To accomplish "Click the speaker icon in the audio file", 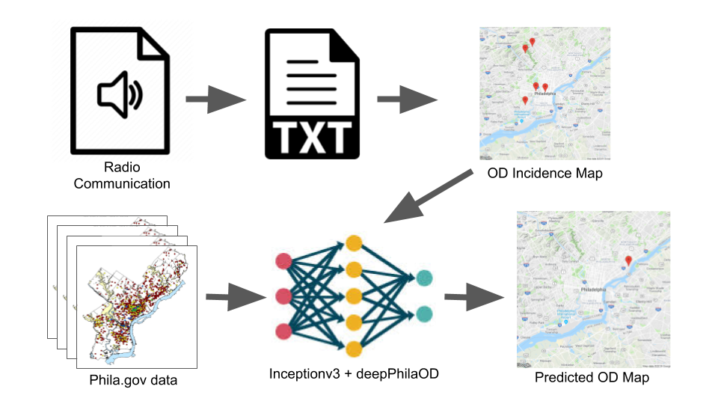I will point(120,93).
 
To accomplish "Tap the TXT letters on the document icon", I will point(308,136).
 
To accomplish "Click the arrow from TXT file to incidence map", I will point(407,98).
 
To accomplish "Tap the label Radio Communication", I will point(122,175).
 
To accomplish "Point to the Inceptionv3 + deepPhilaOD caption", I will point(353,371).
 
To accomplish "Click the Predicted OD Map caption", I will point(592,378).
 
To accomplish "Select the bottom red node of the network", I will point(284,331).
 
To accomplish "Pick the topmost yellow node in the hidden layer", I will point(354,244).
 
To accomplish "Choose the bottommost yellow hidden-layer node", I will point(354,348).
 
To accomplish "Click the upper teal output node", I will point(425,278).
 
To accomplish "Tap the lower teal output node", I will point(425,313).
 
